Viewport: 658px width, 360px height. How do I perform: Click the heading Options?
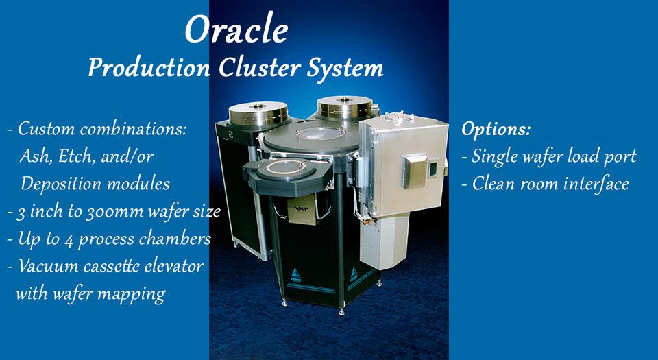(x=496, y=129)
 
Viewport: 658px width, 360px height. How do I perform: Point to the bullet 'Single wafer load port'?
(x=554, y=156)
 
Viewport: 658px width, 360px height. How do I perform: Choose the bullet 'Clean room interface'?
(x=550, y=184)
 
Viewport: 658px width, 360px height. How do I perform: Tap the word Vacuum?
(x=47, y=266)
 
